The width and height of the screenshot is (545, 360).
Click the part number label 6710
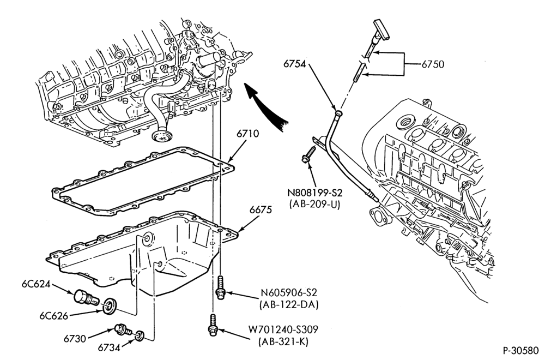click(248, 134)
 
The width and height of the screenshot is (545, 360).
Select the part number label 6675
click(261, 210)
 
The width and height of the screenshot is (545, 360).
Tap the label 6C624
click(36, 284)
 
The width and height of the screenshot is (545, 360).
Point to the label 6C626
click(53, 316)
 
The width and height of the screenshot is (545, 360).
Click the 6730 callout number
click(75, 338)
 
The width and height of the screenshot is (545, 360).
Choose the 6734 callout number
click(109, 347)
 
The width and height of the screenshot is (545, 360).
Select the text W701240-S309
click(283, 329)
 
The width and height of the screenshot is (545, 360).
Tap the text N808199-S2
click(314, 193)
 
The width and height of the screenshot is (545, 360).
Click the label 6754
click(294, 64)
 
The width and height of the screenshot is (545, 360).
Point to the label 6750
click(433, 64)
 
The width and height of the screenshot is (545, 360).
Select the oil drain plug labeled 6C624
click(85, 298)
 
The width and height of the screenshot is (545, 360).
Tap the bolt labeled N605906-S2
click(220, 287)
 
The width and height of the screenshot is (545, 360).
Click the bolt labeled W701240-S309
click(212, 325)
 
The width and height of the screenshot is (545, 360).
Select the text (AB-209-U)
click(314, 204)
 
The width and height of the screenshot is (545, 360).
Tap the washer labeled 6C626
click(111, 304)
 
